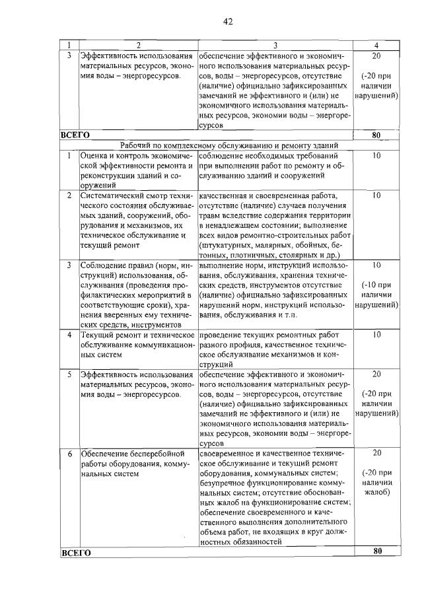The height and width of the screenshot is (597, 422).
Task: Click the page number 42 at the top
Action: tap(228, 21)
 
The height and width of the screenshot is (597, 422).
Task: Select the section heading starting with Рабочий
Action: tap(229, 145)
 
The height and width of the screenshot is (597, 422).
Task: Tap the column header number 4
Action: tap(376, 44)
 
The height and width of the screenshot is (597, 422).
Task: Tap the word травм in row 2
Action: tap(211, 215)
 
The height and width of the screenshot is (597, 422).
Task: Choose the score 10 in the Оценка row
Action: tap(376, 155)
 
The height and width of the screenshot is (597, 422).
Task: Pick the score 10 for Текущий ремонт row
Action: tap(376, 335)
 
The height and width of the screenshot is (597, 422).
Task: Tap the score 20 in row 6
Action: tap(376, 454)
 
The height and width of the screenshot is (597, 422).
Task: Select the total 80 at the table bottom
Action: tap(376, 551)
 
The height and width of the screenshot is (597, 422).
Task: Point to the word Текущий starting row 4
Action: tap(98, 335)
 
